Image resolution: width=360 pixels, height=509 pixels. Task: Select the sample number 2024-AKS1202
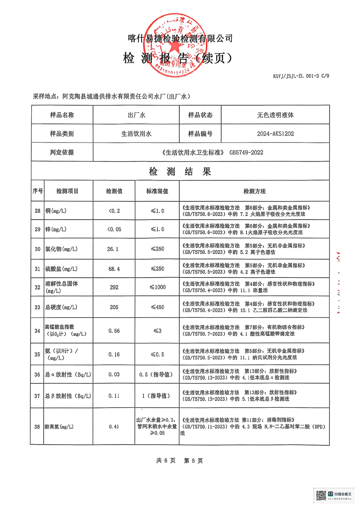point(275,134)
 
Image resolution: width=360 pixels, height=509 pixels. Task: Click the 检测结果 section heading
point(180,172)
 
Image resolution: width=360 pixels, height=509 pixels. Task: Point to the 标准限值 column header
point(157,191)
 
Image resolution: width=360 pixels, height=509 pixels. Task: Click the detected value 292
point(114,287)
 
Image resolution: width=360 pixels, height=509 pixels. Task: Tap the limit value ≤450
point(157,307)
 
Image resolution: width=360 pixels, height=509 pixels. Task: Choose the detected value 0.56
point(114,331)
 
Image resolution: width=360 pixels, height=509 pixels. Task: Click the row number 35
point(37,354)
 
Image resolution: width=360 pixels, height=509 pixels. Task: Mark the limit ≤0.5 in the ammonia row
point(157,354)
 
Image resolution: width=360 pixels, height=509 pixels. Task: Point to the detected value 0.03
point(114,374)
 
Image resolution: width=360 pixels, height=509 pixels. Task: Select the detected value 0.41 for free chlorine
point(114,427)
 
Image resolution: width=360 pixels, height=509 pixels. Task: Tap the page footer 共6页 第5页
point(180,460)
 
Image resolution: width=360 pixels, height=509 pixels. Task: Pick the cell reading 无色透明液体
point(275,115)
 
